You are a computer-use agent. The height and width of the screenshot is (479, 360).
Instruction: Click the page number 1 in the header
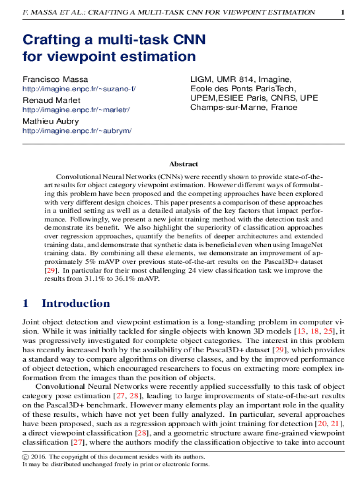(x=343, y=12)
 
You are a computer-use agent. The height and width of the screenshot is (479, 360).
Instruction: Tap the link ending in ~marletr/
(x=76, y=110)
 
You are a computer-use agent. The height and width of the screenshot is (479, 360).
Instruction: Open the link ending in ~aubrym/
(x=77, y=131)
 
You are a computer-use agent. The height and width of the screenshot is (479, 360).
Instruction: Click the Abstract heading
(x=183, y=164)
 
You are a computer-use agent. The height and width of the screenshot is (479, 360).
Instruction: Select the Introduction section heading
(x=76, y=303)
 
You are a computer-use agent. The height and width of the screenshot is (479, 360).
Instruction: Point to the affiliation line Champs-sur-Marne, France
(x=244, y=107)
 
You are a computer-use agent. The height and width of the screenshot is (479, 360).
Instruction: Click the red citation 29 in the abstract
(x=50, y=270)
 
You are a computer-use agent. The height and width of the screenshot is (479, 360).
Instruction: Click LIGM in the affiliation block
(x=201, y=79)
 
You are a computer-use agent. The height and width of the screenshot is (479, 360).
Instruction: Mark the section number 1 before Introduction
(x=26, y=303)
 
